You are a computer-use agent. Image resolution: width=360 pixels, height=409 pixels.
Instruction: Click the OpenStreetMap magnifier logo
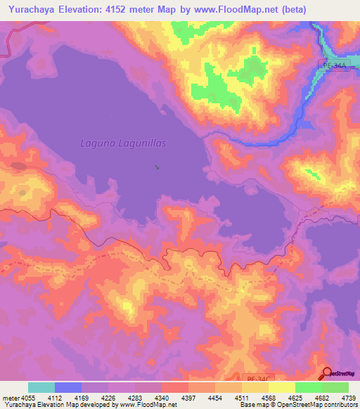coord(328,374)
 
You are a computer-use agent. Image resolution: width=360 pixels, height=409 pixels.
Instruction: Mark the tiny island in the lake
coord(156,167)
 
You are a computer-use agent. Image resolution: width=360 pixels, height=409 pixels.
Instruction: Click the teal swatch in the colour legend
coord(41,387)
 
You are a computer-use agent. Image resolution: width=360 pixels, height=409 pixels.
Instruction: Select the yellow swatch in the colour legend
coord(281,387)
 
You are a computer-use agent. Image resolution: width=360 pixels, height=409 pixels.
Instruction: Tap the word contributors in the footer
coord(339,405)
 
